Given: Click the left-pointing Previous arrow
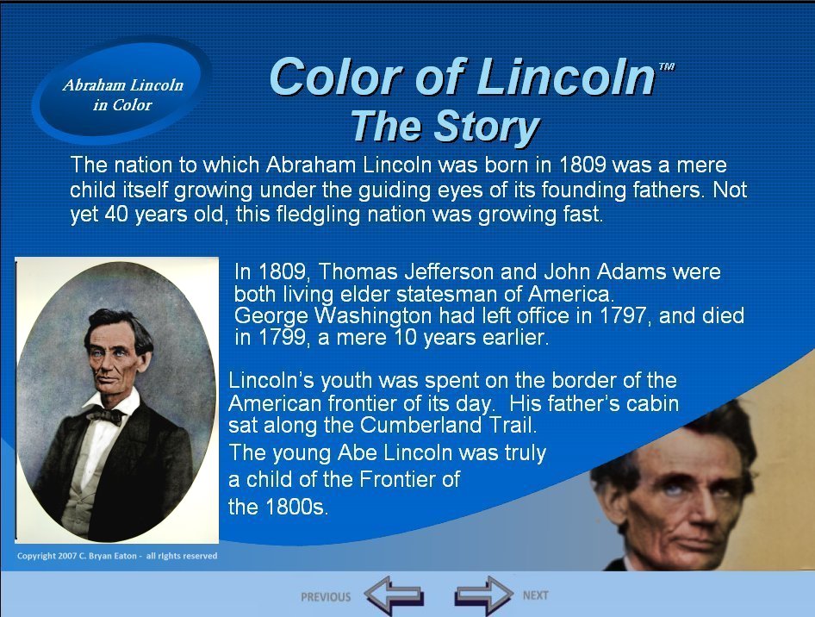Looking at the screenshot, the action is pos(394,595).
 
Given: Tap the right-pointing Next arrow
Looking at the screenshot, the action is pos(484,595).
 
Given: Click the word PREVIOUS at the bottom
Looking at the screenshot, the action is pos(326,596).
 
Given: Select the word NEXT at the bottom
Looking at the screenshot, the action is pos(535,595).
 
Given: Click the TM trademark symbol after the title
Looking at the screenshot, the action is pos(666,66).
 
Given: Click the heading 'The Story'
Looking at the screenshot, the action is pos(445,126).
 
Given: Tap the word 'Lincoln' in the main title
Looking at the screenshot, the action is pos(565,77).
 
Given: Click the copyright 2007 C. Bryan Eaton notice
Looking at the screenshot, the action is pos(117,556).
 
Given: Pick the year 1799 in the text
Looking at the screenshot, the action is pos(281,337).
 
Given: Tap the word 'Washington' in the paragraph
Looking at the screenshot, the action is pos(373,315).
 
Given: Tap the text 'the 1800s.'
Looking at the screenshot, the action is pos(278,507).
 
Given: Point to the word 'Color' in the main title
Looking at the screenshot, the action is pos(336,77).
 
